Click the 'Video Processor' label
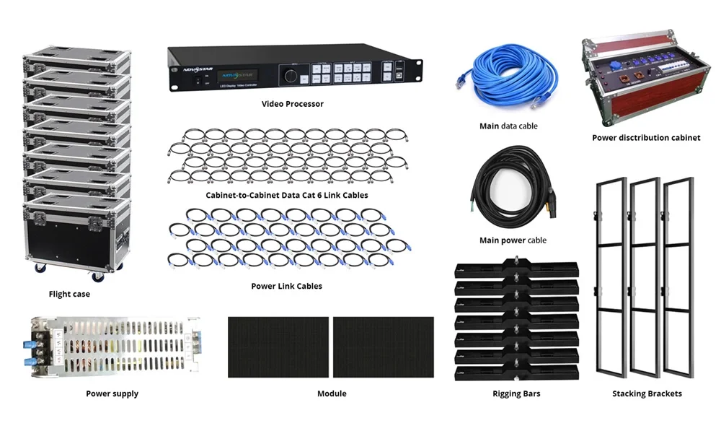point(293,104)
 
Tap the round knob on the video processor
point(291,75)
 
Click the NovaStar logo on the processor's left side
point(198,69)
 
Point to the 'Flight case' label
point(69,295)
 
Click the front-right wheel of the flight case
point(97,277)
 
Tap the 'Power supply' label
point(112,393)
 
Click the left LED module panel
point(278,347)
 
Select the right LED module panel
point(384,347)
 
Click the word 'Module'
point(332,393)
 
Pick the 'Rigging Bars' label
point(516,393)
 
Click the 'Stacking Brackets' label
point(647,393)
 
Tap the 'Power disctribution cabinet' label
point(646,138)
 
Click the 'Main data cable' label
point(508,126)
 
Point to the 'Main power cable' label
point(513,240)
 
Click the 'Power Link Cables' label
point(286,286)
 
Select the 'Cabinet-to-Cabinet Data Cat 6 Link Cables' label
point(287,195)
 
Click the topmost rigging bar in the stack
point(516,269)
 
